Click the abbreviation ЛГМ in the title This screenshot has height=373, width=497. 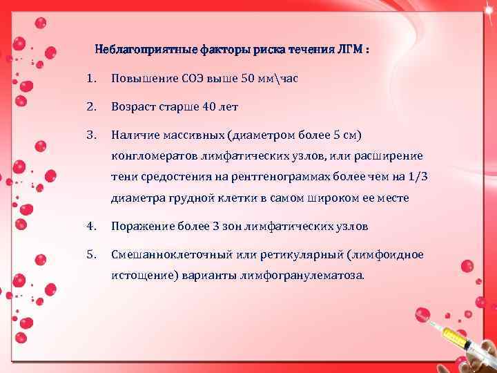point(350,50)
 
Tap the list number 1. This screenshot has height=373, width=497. point(91,79)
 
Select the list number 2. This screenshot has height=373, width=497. point(91,108)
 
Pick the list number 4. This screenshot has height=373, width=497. point(91,226)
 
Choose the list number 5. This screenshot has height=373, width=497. point(91,255)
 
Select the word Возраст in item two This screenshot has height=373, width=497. point(135,108)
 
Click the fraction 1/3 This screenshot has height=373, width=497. point(417,177)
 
